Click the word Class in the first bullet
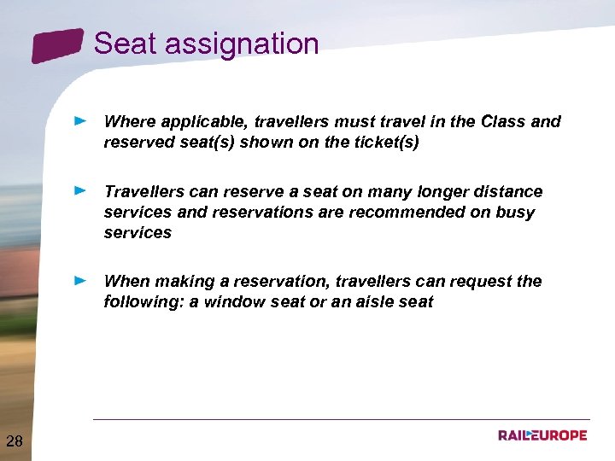[x=503, y=122]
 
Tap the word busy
[x=514, y=212]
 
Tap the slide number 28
[x=15, y=441]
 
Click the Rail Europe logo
[x=542, y=435]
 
